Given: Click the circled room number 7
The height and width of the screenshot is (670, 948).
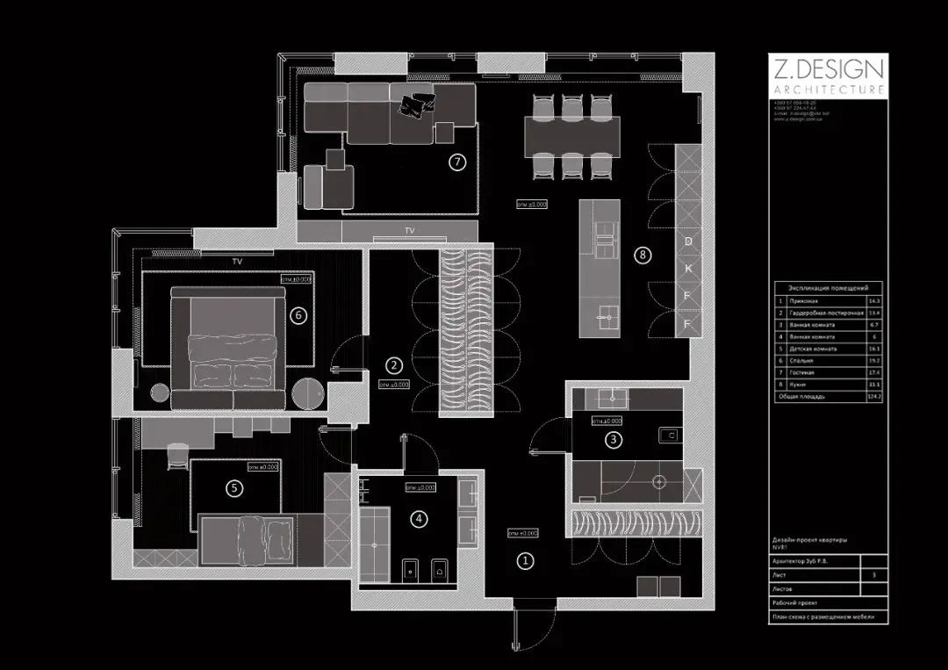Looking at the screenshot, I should pyautogui.click(x=456, y=162).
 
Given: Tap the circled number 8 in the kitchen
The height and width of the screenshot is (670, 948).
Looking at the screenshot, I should pyautogui.click(x=643, y=255).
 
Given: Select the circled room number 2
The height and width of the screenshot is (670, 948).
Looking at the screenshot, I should pyautogui.click(x=395, y=364).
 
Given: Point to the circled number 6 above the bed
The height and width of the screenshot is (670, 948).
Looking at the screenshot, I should pyautogui.click(x=298, y=315).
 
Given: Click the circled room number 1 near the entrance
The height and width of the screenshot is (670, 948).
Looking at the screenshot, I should pyautogui.click(x=525, y=559).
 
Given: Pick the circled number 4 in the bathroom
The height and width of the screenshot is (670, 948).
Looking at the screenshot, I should pyautogui.click(x=420, y=519).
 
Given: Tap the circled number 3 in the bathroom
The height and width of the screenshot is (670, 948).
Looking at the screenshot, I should pyautogui.click(x=614, y=440).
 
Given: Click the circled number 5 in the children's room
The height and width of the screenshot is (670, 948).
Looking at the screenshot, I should pyautogui.click(x=233, y=489).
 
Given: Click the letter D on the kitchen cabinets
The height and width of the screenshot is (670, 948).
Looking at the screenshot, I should pyautogui.click(x=689, y=241).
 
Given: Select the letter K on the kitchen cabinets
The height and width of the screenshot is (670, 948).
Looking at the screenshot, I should pyautogui.click(x=689, y=268).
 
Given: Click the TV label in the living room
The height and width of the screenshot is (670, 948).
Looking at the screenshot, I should pyautogui.click(x=409, y=231).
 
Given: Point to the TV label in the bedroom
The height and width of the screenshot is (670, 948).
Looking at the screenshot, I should pyautogui.click(x=237, y=262).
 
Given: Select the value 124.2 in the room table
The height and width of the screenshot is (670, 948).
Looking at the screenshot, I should pyautogui.click(x=873, y=396).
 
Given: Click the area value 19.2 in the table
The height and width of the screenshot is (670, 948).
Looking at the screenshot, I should pyautogui.click(x=873, y=360).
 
